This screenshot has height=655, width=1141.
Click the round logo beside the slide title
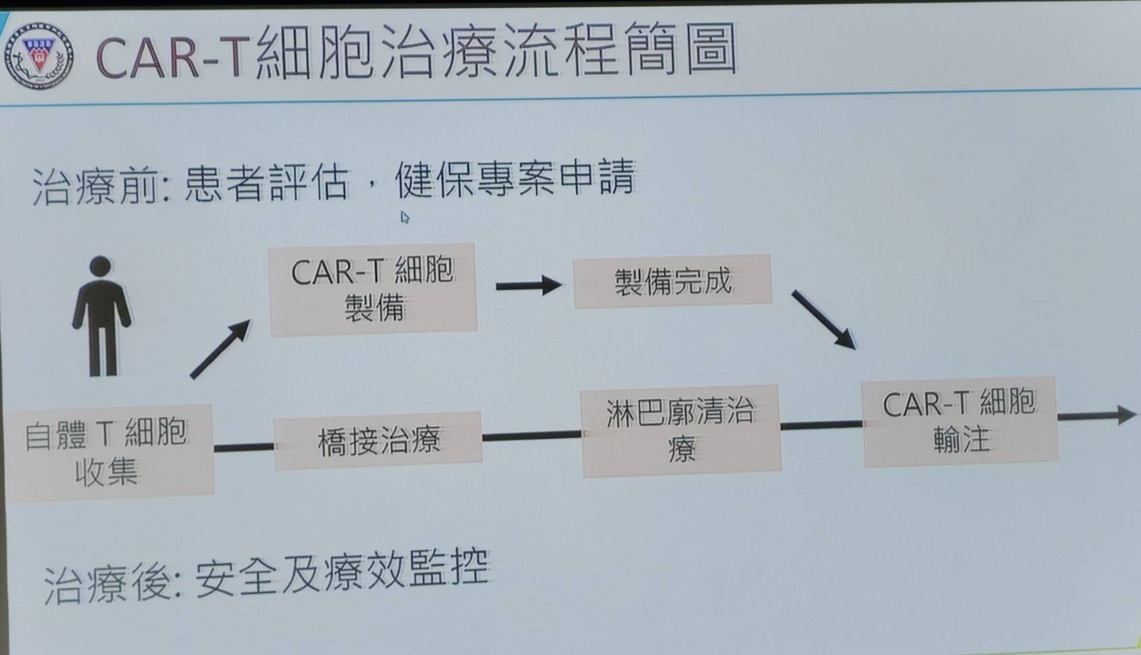coord(39,56)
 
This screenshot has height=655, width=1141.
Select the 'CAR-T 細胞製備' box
coord(373,289)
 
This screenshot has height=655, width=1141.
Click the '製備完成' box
coord(672,282)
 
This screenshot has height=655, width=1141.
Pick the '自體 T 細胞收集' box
coord(108,451)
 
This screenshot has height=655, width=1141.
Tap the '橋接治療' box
coord(378,441)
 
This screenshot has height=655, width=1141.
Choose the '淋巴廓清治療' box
coord(681,431)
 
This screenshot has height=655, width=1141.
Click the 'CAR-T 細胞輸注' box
coord(960,421)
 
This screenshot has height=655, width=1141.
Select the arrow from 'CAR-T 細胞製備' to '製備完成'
coord(529,286)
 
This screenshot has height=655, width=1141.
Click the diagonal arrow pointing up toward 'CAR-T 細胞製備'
coord(220,349)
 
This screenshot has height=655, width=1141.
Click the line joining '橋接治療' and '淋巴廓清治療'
coord(531,436)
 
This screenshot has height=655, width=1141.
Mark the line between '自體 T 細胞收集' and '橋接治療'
coord(244,447)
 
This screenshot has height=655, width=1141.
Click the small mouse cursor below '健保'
coord(405,218)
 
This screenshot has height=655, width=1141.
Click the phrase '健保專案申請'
coord(515,178)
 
